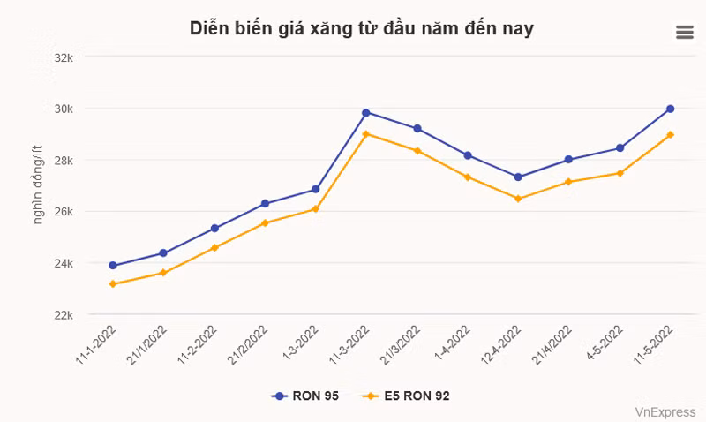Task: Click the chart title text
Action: coord(361,28)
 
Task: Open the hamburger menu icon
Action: coord(685,33)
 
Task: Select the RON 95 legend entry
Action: coord(305,396)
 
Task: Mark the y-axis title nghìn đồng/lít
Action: coord(38,186)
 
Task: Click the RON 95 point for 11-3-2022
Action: coord(365,112)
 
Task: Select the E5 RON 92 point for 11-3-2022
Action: coord(365,134)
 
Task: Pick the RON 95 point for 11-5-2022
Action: coord(670,109)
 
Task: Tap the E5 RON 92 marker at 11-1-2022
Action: coord(112,284)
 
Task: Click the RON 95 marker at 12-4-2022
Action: coord(518,177)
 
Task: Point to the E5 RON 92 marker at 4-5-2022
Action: coord(620,173)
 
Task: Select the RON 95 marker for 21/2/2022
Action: coord(265,204)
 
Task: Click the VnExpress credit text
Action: coord(665,411)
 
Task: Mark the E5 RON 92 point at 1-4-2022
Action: coord(467,177)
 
